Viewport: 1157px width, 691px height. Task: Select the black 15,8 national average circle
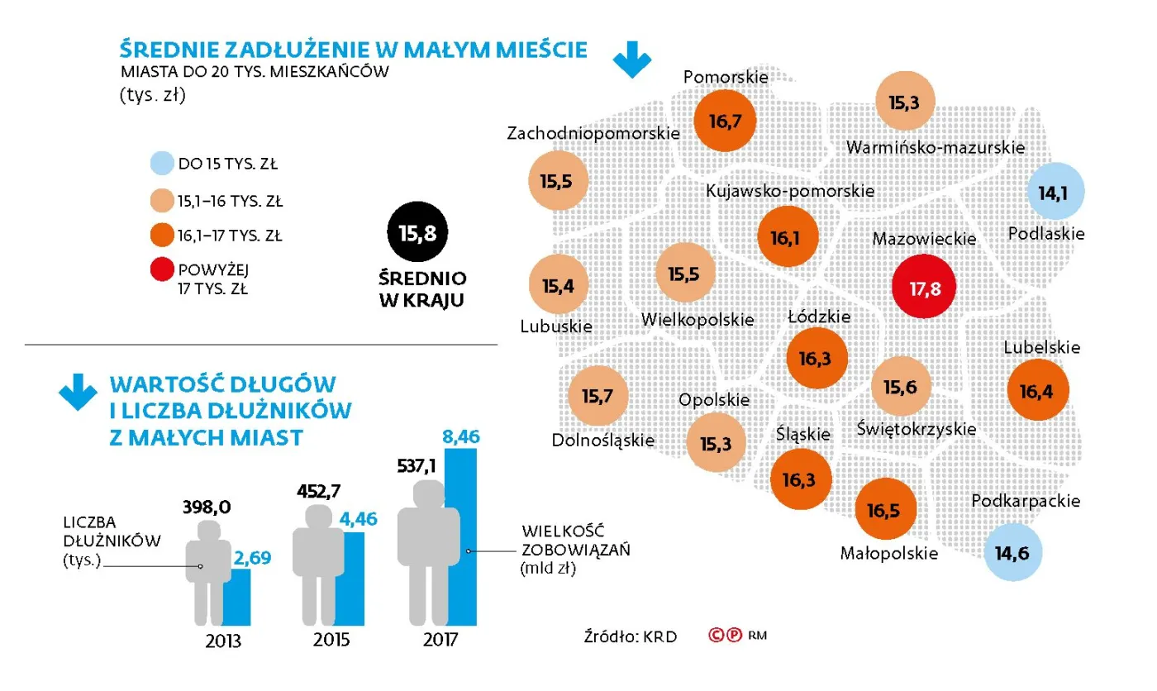click(417, 234)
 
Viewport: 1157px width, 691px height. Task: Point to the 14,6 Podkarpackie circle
click(1013, 553)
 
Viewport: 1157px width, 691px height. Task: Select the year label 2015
click(331, 641)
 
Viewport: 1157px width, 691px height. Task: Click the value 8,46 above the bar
click(461, 436)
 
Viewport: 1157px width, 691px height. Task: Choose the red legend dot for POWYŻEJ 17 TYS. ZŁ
click(162, 272)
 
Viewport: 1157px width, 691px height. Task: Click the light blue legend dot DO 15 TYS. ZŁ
click(162, 163)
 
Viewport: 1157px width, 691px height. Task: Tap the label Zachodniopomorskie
click(593, 133)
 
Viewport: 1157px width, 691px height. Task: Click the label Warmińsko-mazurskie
click(936, 148)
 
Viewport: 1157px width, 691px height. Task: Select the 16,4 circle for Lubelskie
click(1038, 390)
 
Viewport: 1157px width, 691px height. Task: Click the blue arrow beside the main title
click(632, 60)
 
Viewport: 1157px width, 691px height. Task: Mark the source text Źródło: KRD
click(630, 636)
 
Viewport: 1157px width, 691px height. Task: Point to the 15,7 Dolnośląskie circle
click(598, 396)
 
